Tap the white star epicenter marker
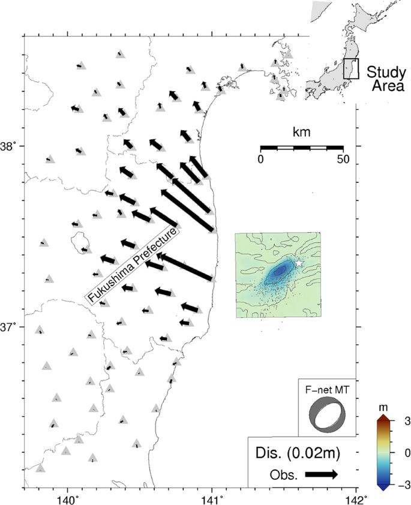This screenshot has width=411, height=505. pyautogui.click(x=299, y=263)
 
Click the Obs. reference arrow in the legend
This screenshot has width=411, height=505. pyautogui.click(x=322, y=474)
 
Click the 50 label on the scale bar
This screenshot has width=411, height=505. pyautogui.click(x=343, y=160)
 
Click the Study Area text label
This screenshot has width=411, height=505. pyautogui.click(x=386, y=79)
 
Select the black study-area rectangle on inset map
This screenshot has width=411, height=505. pyautogui.click(x=351, y=68)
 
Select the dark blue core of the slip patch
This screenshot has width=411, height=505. pyautogui.click(x=279, y=271)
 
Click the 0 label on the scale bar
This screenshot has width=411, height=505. pyautogui.click(x=260, y=160)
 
